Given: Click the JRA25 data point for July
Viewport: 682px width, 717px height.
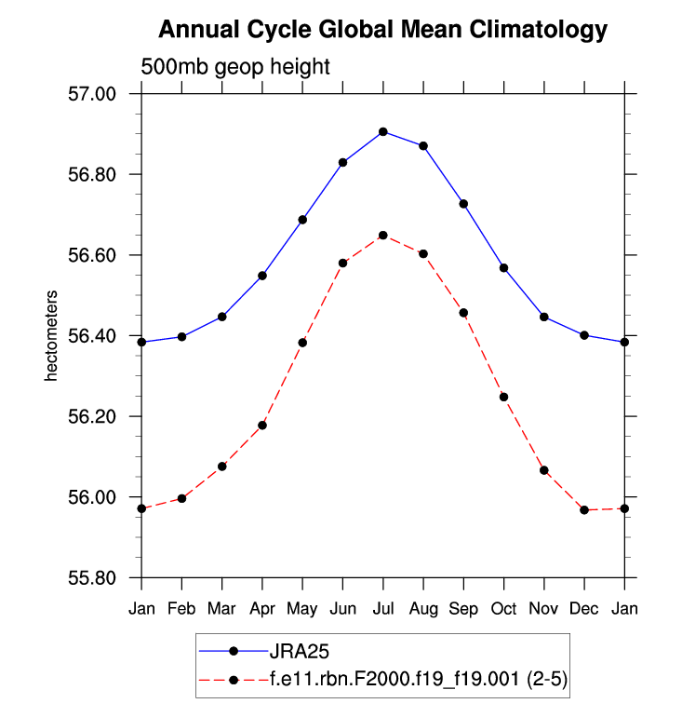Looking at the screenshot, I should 383,132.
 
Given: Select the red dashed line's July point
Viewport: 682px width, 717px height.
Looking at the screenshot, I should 383,236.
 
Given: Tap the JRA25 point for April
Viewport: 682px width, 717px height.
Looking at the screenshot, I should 262,276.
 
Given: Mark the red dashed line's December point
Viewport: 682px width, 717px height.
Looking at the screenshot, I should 584,510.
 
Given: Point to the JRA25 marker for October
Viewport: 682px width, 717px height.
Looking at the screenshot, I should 503,268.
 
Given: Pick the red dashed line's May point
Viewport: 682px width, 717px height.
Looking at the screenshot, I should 302,343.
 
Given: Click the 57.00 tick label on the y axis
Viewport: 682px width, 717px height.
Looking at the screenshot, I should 91,94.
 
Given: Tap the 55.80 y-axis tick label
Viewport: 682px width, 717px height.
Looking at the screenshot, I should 91,577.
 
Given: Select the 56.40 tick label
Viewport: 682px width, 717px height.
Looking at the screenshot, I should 91,336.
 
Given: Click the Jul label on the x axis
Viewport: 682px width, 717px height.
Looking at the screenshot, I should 383,609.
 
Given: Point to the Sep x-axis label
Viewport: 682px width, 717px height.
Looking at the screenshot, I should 463,609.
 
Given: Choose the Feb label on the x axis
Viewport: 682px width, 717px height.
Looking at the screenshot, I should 182,609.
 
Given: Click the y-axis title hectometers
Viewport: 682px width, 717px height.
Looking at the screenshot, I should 53,336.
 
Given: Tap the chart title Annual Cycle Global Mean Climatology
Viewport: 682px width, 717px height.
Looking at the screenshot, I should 382,30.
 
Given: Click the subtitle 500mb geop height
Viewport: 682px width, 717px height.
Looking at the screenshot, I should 234,67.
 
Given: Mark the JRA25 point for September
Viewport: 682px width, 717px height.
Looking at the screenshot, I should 463,204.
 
